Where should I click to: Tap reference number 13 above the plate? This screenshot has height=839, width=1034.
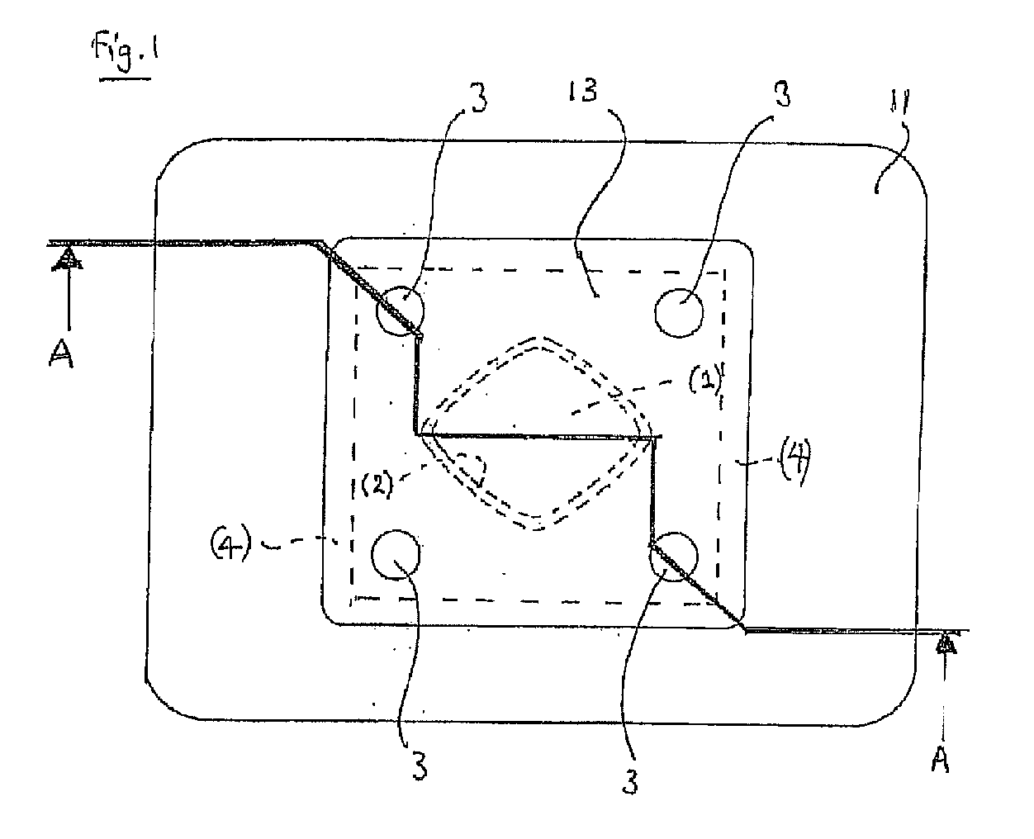pyautogui.click(x=582, y=91)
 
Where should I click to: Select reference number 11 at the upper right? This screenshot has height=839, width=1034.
pyautogui.click(x=899, y=101)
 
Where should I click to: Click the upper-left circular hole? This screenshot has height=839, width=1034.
pyautogui.click(x=400, y=310)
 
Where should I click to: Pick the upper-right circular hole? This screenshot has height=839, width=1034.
pyautogui.click(x=679, y=312)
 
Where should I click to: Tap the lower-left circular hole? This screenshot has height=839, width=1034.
pyautogui.click(x=396, y=555)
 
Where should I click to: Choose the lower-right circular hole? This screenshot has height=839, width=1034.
pyautogui.click(x=674, y=557)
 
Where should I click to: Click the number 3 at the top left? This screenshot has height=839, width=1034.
pyautogui.click(x=479, y=97)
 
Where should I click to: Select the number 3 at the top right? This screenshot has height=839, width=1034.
pyautogui.click(x=782, y=93)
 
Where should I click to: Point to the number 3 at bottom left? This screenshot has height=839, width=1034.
pyautogui.click(x=420, y=765)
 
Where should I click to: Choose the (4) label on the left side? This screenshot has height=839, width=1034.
pyautogui.click(x=230, y=544)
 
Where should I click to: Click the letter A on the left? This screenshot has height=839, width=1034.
pyautogui.click(x=61, y=353)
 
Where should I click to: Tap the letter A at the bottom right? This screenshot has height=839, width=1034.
pyautogui.click(x=941, y=760)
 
